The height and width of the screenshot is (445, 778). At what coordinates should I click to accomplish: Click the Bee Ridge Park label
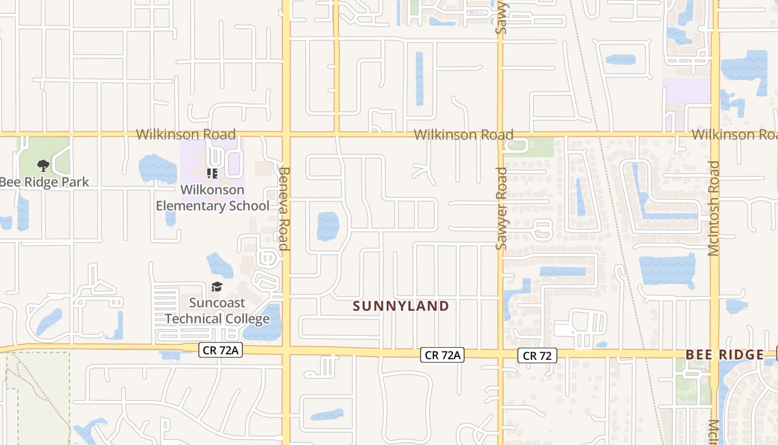(x=44, y=182)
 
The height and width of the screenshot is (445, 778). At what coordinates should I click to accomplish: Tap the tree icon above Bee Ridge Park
(x=43, y=165)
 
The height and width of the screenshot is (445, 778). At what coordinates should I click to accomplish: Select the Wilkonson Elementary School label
(x=212, y=198)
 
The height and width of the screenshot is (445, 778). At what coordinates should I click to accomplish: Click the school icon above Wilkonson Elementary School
(x=212, y=174)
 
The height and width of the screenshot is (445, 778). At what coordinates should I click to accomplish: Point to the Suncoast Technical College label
(x=217, y=310)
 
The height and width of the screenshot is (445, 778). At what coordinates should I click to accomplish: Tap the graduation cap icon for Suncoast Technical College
(x=217, y=287)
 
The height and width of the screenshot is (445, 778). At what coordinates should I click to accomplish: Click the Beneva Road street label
(x=284, y=209)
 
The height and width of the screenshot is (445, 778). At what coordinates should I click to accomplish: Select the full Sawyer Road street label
(x=501, y=209)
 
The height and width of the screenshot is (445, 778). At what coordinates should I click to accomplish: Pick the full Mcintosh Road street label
(x=714, y=209)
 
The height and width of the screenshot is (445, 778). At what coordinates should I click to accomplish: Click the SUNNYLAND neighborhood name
(x=401, y=306)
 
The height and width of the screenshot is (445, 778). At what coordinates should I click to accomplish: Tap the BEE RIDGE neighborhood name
(x=725, y=355)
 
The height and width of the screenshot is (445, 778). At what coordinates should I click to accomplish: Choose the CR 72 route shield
(x=537, y=355)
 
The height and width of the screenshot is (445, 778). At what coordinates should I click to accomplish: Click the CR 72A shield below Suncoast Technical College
(x=221, y=349)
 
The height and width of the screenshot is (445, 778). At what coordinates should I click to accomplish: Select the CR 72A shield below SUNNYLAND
(x=442, y=355)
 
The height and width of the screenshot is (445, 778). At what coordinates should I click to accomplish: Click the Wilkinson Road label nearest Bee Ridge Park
(x=186, y=134)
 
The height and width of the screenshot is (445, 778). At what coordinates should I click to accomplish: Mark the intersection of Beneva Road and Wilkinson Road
(x=286, y=134)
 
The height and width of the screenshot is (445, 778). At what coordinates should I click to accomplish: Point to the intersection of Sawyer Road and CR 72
(x=501, y=354)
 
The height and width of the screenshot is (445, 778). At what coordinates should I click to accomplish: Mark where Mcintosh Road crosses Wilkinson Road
(x=715, y=134)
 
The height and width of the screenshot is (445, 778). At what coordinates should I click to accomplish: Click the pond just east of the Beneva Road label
(x=328, y=226)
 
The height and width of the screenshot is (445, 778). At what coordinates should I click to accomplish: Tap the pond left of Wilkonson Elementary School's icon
(x=157, y=169)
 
